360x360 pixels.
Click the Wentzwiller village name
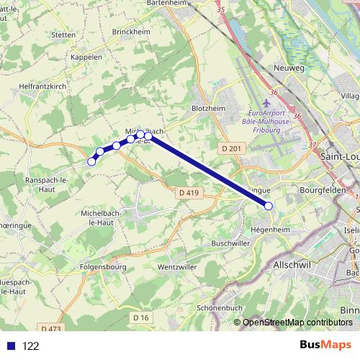[x=177, y=266]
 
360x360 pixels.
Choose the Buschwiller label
[x=235, y=243]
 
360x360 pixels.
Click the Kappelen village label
[x=86, y=57]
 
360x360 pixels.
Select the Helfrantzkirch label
[x=42, y=86]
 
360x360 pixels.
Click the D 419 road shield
[x=187, y=193]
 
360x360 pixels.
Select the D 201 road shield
[x=230, y=148]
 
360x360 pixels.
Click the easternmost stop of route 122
[x=269, y=206]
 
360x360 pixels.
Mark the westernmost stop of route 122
[x=91, y=161]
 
